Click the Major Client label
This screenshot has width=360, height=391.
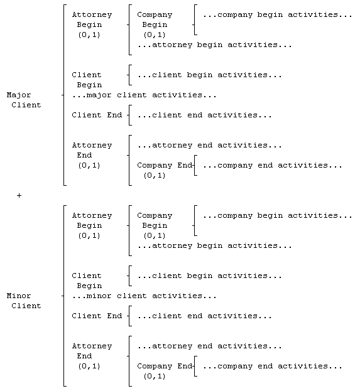(x=24, y=100)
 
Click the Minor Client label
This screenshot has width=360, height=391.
(x=24, y=301)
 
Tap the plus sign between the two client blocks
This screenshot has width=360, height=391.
(x=19, y=196)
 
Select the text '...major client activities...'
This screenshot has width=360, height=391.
(x=145, y=95)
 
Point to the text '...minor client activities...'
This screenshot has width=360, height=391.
(x=145, y=296)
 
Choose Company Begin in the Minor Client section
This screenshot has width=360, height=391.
(x=155, y=225)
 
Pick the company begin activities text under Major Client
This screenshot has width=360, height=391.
(x=277, y=14)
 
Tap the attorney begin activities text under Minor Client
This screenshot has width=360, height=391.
(x=215, y=246)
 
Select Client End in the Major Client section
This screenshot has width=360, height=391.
(x=97, y=115)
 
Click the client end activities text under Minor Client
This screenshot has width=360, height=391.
(x=205, y=316)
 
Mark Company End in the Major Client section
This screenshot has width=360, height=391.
(x=165, y=170)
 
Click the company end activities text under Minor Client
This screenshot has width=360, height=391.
(x=273, y=367)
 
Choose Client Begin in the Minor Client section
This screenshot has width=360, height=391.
(x=87, y=281)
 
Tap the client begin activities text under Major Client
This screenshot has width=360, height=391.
(x=210, y=75)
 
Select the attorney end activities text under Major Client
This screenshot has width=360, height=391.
(x=210, y=146)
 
